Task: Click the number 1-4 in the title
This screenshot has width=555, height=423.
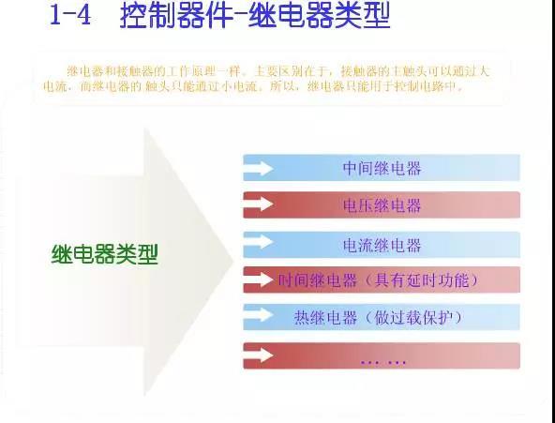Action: pos(70,15)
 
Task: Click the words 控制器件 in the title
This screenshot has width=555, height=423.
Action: pos(176,16)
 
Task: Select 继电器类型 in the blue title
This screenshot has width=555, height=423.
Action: pos(320,16)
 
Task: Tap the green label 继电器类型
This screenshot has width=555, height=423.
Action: pos(104,254)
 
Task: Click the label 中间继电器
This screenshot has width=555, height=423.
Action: pos(382,168)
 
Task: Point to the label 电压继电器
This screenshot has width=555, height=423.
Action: pos(382,205)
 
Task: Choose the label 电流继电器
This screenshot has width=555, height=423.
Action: pos(382,245)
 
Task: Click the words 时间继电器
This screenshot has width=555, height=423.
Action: pos(318,280)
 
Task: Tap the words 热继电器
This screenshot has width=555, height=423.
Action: pos(325,318)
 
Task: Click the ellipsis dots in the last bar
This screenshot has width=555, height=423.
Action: pos(383,362)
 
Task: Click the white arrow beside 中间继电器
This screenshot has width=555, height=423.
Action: pos(259,168)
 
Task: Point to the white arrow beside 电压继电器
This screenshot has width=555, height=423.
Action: pos(259,204)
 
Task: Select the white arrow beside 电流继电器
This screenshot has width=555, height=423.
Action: pos(259,241)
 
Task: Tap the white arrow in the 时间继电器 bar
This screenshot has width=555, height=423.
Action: pos(259,279)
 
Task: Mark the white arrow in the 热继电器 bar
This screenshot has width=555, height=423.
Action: pos(259,314)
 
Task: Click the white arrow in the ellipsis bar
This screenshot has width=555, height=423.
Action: pos(259,355)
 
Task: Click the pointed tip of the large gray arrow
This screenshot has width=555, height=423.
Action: pos(233,262)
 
